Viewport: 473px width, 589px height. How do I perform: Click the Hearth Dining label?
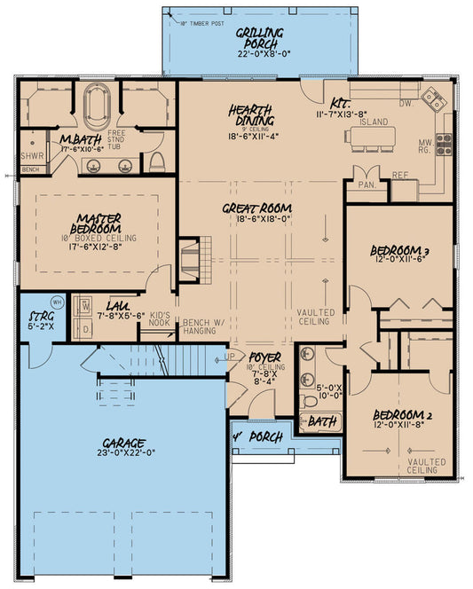coord(250,114)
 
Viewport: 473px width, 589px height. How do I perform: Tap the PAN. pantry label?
coord(367,186)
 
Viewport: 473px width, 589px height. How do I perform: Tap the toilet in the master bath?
coord(157,162)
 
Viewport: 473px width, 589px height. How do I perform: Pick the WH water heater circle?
coord(56,301)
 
